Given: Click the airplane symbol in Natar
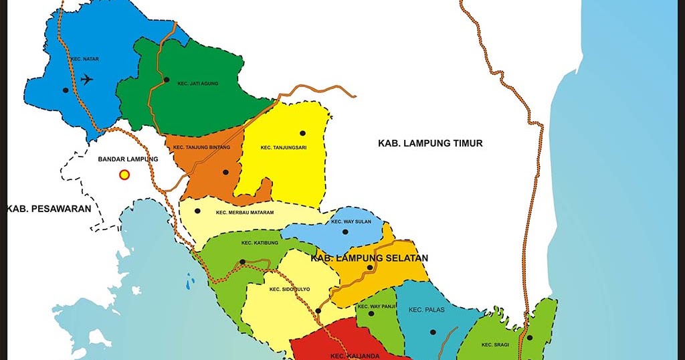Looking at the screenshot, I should [86, 79].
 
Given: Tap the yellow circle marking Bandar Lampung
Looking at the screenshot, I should [124, 175].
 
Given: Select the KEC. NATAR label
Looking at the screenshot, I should [84, 59].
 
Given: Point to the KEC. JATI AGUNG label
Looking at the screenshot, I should [198, 84].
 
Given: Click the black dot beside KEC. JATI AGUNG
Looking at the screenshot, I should [166, 80].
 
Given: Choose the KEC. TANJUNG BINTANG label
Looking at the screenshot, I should [201, 147].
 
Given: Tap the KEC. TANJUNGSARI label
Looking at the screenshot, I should [284, 148].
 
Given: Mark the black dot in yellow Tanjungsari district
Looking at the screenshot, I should [302, 133].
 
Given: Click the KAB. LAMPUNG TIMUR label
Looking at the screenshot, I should [430, 143].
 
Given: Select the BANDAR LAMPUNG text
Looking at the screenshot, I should [128, 159].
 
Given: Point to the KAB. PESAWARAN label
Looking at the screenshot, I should [48, 209].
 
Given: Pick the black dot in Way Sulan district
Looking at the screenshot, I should [345, 232].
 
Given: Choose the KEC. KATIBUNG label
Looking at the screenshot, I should [256, 242].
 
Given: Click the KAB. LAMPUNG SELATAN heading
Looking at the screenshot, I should [369, 258].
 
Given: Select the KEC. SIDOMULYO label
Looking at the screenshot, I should [290, 290].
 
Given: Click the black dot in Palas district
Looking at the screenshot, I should [433, 332].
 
